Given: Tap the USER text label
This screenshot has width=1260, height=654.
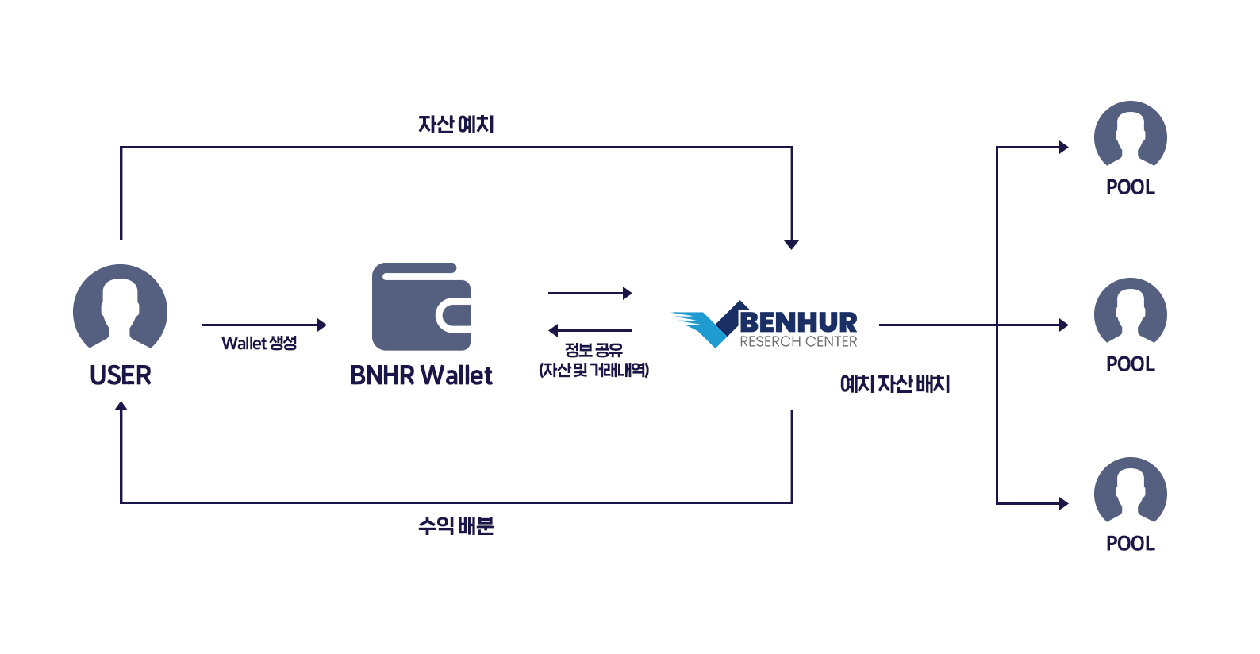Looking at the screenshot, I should click(x=121, y=375).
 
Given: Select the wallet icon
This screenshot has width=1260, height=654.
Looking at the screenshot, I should click(x=421, y=306).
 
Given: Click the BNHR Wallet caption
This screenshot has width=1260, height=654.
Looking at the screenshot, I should click(x=421, y=375).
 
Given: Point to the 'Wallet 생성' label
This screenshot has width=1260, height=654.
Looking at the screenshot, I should click(x=259, y=343).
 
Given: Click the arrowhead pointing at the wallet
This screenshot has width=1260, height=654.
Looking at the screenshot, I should click(x=321, y=325).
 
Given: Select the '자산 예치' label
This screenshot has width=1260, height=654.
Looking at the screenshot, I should click(x=456, y=125).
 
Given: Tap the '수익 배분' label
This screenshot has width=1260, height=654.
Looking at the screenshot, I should click(x=456, y=525).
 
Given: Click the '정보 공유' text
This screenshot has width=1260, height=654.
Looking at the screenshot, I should click(x=594, y=350).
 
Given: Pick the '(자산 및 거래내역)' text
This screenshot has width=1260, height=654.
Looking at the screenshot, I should click(x=594, y=370).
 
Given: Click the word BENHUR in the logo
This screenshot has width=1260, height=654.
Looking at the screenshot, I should click(x=798, y=322).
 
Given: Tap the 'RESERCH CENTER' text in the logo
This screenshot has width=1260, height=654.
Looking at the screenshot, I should click(x=798, y=342).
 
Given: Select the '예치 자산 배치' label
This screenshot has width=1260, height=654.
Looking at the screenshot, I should click(x=895, y=384).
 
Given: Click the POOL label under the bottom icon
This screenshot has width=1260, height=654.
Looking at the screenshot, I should click(x=1130, y=544).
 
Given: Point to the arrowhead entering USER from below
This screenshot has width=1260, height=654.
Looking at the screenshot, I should click(x=121, y=406).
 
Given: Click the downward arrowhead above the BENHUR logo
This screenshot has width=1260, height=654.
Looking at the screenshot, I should click(x=791, y=244).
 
